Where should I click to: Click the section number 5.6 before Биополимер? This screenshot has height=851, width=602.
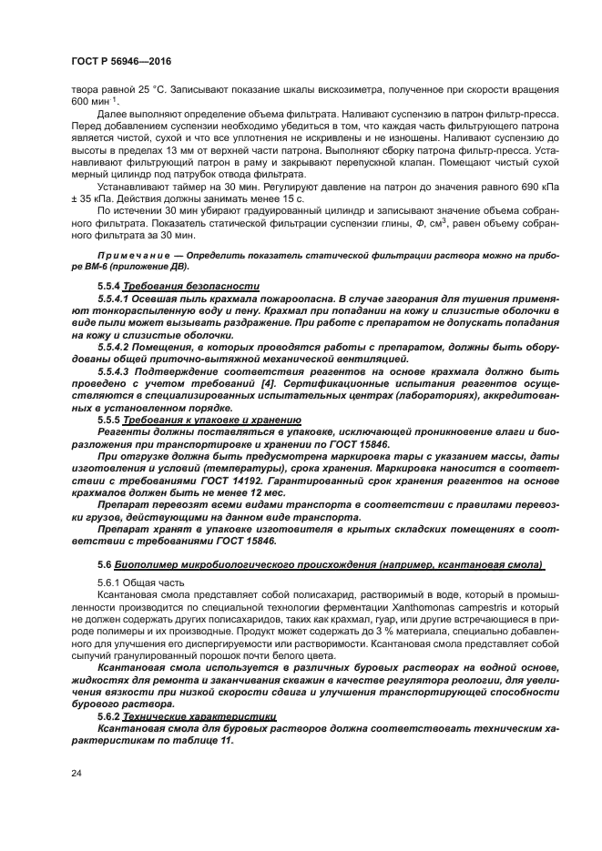[x=103, y=564]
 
